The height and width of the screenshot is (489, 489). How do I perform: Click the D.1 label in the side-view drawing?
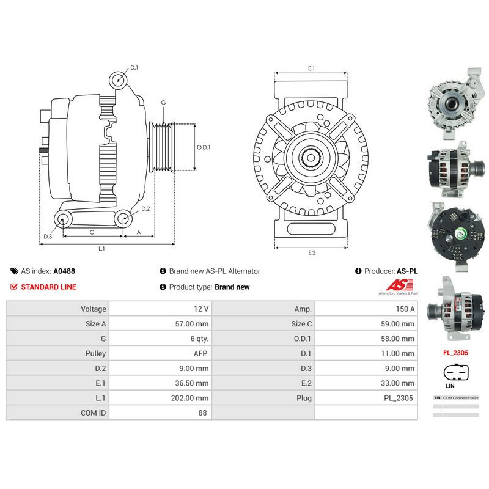134,68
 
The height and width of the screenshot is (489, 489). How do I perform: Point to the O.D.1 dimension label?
204,147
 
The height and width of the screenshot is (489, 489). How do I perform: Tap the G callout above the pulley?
163,103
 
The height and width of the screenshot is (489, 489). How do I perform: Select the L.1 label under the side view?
102,249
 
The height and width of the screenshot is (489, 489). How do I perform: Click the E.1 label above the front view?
311,68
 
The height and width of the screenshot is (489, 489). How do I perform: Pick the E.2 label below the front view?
312,252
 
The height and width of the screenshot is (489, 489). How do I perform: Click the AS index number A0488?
64,271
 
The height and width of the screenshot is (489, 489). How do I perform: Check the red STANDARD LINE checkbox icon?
13,287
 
